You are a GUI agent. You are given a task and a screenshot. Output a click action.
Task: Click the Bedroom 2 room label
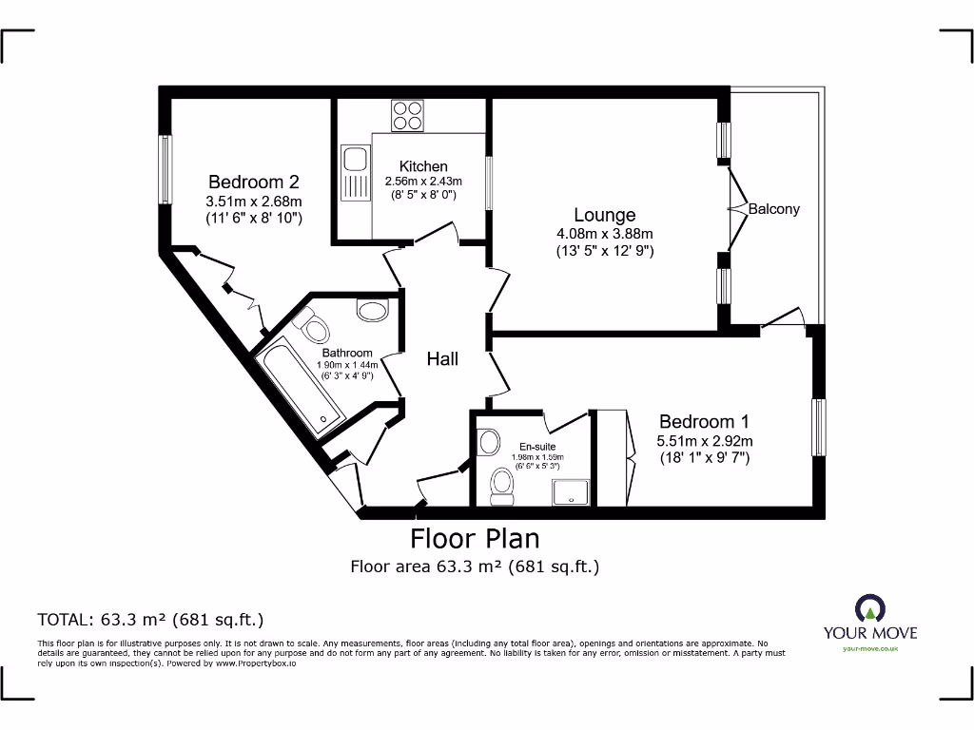click(253, 182)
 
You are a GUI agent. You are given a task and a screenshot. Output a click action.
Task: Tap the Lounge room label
click(604, 215)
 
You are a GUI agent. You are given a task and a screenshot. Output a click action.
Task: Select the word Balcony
click(773, 209)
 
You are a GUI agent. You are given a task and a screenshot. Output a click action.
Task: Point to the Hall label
click(442, 358)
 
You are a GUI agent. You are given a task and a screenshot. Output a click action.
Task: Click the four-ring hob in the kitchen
click(407, 115)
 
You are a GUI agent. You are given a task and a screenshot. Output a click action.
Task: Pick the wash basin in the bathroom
click(373, 310)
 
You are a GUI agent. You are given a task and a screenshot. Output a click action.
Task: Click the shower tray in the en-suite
click(571, 492)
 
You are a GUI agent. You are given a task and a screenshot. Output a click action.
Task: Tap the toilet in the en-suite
click(502, 487)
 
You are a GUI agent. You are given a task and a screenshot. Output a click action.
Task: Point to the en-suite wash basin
click(490, 443)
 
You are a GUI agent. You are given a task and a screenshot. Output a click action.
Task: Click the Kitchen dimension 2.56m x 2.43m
click(423, 182)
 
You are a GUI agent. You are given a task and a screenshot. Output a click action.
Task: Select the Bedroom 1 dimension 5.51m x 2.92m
click(705, 441)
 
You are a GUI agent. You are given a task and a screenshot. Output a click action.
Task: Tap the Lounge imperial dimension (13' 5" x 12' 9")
click(604, 251)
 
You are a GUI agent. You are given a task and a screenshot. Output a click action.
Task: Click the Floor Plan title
click(475, 539)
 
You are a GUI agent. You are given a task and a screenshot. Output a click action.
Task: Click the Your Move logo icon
click(869, 608)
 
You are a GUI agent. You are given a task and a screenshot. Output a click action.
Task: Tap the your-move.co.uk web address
click(870, 648)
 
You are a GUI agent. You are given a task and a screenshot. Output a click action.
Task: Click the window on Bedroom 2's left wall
click(166, 169)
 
